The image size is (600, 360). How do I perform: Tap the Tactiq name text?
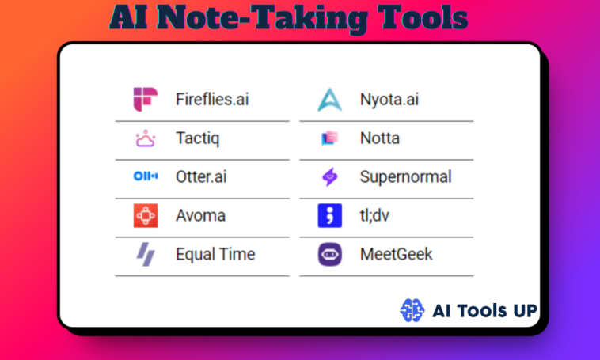[197, 139]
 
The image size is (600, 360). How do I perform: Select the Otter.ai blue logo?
[146, 176]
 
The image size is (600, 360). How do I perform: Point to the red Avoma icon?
[146, 215]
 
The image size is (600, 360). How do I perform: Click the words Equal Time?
[215, 254]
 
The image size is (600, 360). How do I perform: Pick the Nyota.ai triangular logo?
[329, 100]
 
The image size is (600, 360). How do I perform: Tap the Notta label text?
[379, 138]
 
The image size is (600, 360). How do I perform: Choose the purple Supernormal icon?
[329, 177]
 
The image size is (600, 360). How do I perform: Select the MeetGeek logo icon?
[329, 254]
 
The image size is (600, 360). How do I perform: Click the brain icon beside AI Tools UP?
[412, 309]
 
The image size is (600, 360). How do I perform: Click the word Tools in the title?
[416, 18]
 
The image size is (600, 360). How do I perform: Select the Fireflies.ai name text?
[212, 100]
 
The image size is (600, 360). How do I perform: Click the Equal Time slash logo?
[146, 254]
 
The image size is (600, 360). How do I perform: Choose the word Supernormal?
[405, 176]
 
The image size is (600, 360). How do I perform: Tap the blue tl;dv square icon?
[329, 215]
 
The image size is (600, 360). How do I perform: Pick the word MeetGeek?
[396, 254]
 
